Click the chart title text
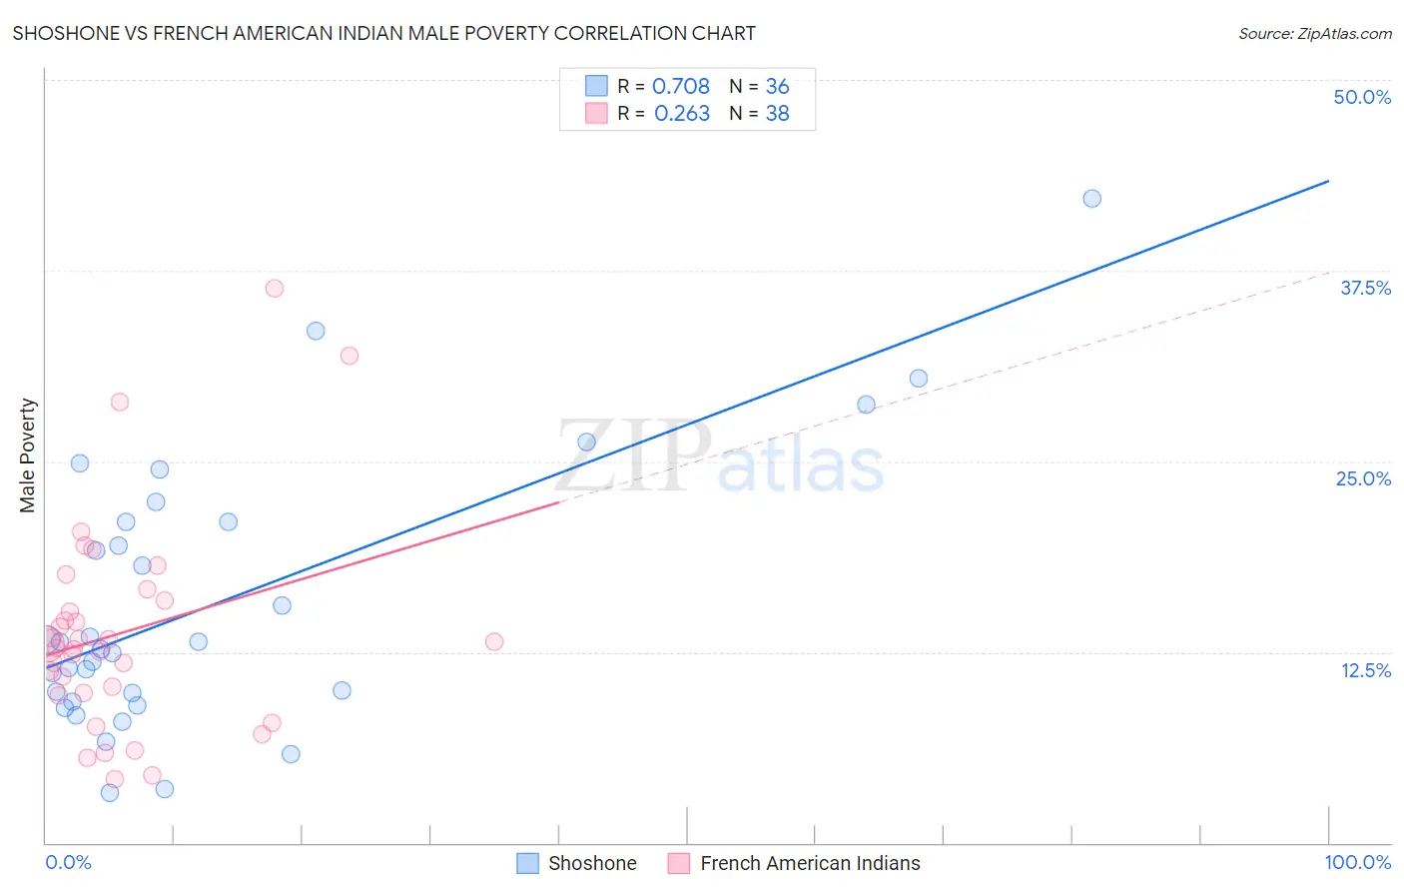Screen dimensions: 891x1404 click(x=383, y=33)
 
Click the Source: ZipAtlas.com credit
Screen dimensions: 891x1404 click(x=1314, y=33)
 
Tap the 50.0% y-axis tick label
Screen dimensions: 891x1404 click(x=1361, y=97)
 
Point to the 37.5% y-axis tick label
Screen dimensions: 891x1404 click(x=1365, y=288)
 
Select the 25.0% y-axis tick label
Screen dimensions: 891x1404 click(x=1363, y=478)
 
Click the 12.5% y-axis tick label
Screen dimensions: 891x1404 click(x=1365, y=670)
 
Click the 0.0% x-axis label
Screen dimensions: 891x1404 click(x=68, y=862)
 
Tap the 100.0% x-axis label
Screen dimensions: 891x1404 click(x=1357, y=862)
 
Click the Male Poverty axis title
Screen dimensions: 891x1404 click(x=28, y=455)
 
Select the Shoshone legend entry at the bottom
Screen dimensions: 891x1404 click(x=591, y=863)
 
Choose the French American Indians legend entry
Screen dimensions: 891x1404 click(x=809, y=863)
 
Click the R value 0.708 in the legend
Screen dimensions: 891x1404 click(x=680, y=87)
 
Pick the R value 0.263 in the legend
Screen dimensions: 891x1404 click(x=681, y=114)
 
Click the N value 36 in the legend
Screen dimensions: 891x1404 click(x=777, y=87)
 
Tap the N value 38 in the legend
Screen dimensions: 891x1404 click(x=777, y=114)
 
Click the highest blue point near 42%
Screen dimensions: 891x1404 click(x=1091, y=199)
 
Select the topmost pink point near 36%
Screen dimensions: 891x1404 click(x=275, y=289)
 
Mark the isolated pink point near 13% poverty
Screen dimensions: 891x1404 click(x=493, y=641)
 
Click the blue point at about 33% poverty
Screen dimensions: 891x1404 click(x=316, y=331)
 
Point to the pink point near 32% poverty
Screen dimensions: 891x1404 click(x=349, y=356)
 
